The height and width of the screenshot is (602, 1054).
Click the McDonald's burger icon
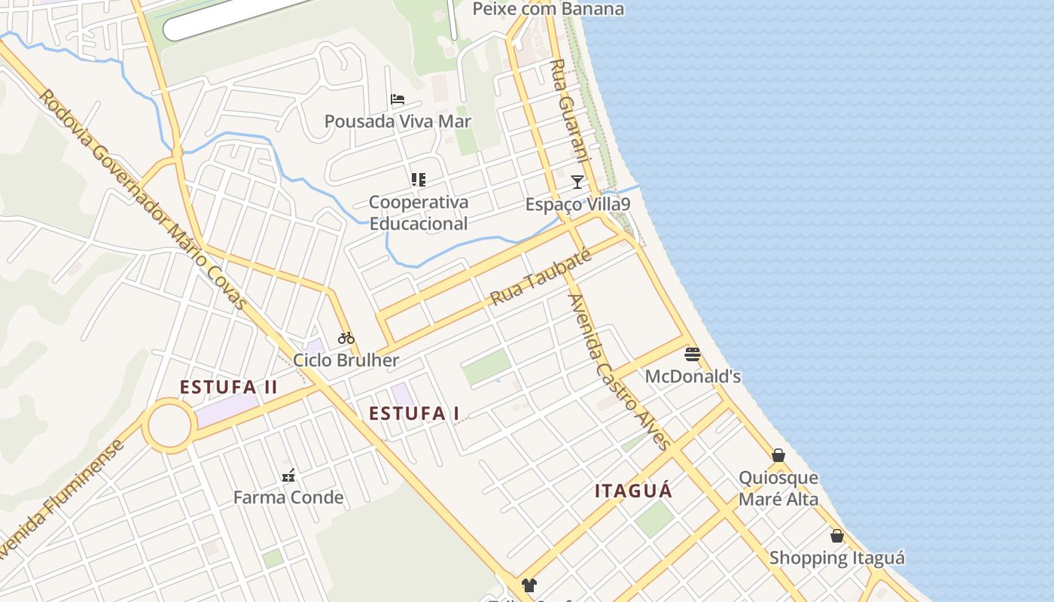click(x=693, y=354)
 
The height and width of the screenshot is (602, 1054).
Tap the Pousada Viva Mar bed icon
click(x=398, y=99)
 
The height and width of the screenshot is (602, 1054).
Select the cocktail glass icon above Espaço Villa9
click(x=577, y=181)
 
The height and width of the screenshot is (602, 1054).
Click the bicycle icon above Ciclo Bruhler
click(x=346, y=338)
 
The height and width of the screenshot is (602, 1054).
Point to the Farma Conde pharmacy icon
click(x=288, y=475)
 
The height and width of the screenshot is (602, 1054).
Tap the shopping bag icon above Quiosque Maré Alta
click(x=778, y=455)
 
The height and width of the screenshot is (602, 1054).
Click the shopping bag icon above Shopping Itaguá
click(x=836, y=536)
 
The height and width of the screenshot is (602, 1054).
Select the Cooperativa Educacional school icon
click(x=419, y=180)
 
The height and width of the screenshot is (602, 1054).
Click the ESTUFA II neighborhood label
click(x=228, y=388)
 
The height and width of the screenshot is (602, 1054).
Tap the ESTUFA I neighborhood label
click(x=414, y=413)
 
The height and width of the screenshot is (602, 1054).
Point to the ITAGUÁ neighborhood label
click(x=633, y=491)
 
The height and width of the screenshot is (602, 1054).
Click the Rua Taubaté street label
click(x=541, y=277)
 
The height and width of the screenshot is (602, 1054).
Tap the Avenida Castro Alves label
click(x=619, y=371)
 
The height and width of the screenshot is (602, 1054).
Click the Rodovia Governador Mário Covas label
click(x=143, y=199)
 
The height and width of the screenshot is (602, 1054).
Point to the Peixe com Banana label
click(x=548, y=9)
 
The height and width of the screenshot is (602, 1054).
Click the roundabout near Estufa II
click(x=170, y=426)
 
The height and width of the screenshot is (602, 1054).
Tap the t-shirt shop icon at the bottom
click(x=529, y=585)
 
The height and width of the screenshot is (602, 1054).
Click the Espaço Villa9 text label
click(x=577, y=205)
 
